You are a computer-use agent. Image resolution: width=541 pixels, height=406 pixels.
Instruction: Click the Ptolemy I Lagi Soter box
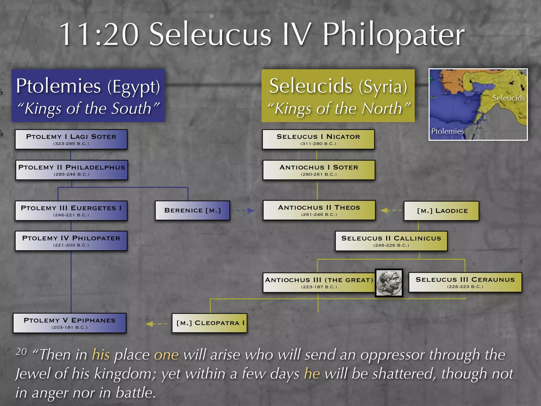[71, 139]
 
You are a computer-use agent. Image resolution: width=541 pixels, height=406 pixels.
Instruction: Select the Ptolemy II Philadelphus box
[72, 170]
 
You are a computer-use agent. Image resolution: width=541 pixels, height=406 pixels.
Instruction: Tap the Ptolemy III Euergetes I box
[71, 211]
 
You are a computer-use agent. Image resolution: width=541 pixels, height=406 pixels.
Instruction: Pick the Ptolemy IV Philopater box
[71, 241]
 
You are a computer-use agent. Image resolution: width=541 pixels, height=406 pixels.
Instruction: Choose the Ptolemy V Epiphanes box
[69, 323]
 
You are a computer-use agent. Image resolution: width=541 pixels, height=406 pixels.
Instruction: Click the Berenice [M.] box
[192, 210]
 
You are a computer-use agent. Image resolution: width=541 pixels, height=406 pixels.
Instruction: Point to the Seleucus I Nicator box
[318, 139]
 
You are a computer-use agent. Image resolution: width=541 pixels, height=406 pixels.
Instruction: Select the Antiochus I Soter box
[319, 170]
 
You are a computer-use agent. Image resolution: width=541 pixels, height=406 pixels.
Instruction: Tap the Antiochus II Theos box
[319, 210]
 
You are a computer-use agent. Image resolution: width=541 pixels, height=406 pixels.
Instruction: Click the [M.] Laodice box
[441, 211]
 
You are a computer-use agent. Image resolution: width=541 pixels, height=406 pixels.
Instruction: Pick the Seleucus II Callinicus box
[391, 241]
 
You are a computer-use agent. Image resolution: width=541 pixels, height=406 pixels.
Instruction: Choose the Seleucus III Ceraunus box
[465, 282]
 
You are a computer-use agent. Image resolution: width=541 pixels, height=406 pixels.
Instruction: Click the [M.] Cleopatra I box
[209, 323]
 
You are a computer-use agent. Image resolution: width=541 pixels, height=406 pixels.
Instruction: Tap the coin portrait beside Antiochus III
[389, 283]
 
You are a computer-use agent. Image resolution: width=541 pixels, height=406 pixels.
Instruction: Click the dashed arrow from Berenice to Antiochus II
[242, 211]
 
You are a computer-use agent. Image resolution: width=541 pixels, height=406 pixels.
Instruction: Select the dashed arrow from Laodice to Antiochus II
[391, 210]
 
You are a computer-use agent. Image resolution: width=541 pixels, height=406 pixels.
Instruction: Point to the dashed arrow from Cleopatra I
[156, 324]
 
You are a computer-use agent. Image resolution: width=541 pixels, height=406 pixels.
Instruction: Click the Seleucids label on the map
[509, 98]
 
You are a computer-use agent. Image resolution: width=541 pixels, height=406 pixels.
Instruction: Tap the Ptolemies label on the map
[447, 131]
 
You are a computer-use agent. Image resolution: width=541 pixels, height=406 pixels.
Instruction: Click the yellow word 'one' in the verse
[166, 355]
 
